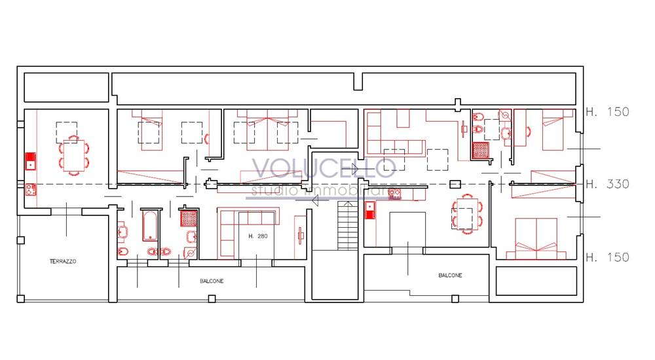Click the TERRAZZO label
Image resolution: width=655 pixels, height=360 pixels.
click(63, 261)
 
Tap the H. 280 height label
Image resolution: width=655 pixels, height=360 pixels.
click(257, 236)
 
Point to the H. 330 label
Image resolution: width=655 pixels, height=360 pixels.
click(607, 184)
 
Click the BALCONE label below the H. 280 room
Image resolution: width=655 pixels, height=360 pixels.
click(212, 281)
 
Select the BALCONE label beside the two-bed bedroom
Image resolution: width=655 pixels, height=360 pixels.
click(451, 275)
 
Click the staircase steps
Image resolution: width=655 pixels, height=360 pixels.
click(348, 226)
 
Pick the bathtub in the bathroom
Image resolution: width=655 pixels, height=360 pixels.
click(150, 226)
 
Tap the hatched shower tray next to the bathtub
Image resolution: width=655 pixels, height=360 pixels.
click(189, 218)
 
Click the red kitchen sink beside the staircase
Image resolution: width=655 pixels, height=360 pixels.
click(370, 210)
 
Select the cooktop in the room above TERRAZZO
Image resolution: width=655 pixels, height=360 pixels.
click(31, 190)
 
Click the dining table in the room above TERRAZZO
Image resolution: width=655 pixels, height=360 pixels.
click(74, 155)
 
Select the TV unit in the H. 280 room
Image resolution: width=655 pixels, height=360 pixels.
click(301, 236)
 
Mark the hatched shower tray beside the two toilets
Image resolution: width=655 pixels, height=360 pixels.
click(480, 151)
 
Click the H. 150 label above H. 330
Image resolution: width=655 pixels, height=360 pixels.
click(607, 111)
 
